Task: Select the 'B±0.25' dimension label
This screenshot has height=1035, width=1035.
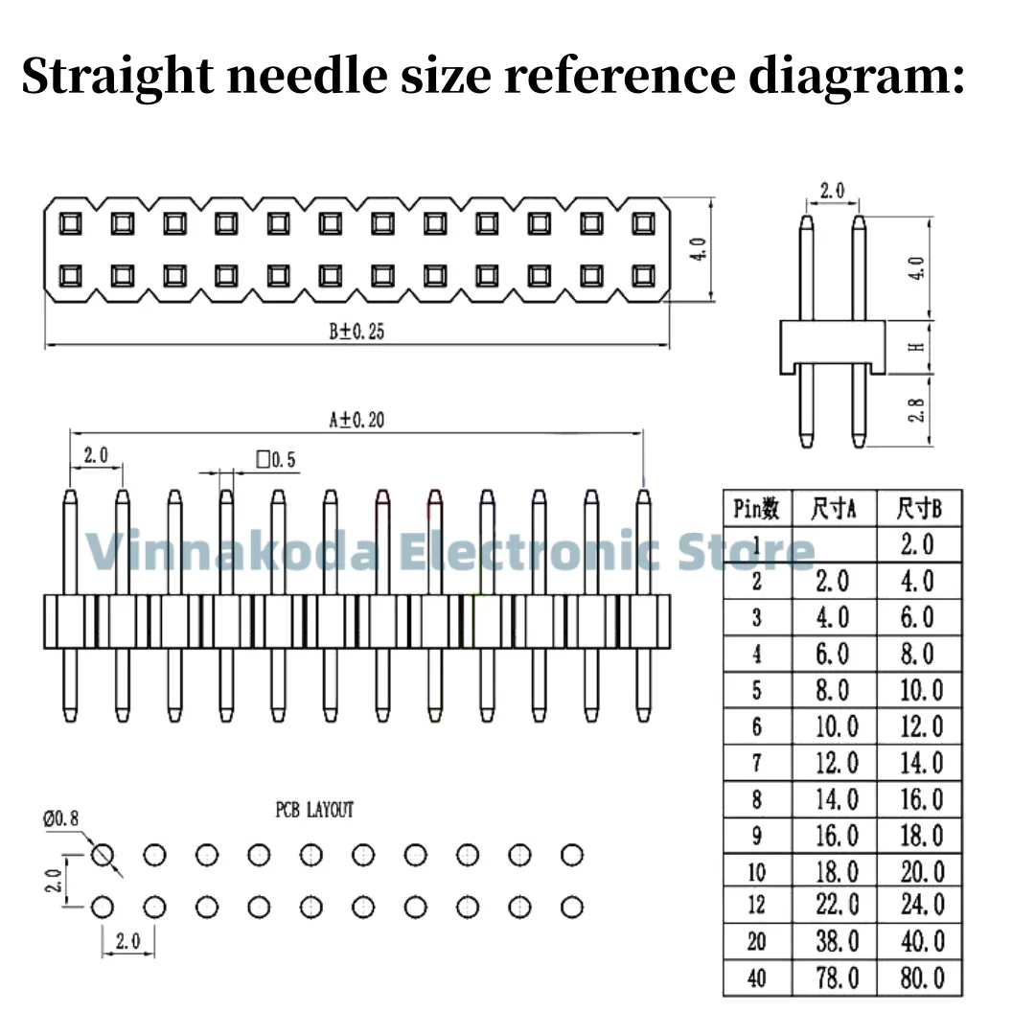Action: point(356,332)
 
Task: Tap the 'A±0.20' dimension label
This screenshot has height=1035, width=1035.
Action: point(356,420)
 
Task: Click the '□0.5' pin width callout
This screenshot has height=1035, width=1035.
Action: point(276,460)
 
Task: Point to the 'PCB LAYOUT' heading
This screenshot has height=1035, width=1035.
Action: point(314,810)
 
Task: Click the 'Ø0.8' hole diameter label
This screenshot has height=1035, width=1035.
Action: point(60,817)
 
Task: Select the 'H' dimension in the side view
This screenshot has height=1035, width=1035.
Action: point(917,346)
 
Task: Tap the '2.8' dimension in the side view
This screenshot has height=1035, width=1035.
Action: point(917,409)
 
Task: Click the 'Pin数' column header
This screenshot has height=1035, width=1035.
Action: point(756,509)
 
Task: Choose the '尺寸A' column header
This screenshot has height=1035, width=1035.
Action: point(833,509)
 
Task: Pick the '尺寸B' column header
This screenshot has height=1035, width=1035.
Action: point(919,509)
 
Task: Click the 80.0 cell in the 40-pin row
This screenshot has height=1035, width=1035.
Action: point(921,977)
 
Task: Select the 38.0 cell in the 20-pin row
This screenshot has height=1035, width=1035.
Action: point(836,941)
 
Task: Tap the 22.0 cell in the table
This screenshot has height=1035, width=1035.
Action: point(836,905)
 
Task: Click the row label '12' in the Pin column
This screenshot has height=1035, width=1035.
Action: point(756,906)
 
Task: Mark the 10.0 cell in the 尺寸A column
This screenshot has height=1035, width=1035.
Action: point(836,726)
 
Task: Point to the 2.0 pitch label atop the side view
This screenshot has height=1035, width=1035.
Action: point(832,190)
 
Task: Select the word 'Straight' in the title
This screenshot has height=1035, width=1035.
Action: point(114,75)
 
